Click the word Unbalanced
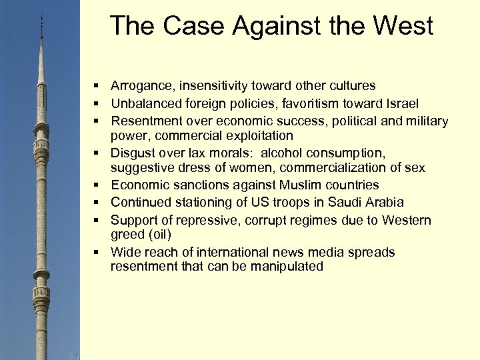[x=144, y=103]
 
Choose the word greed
[x=127, y=234]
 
